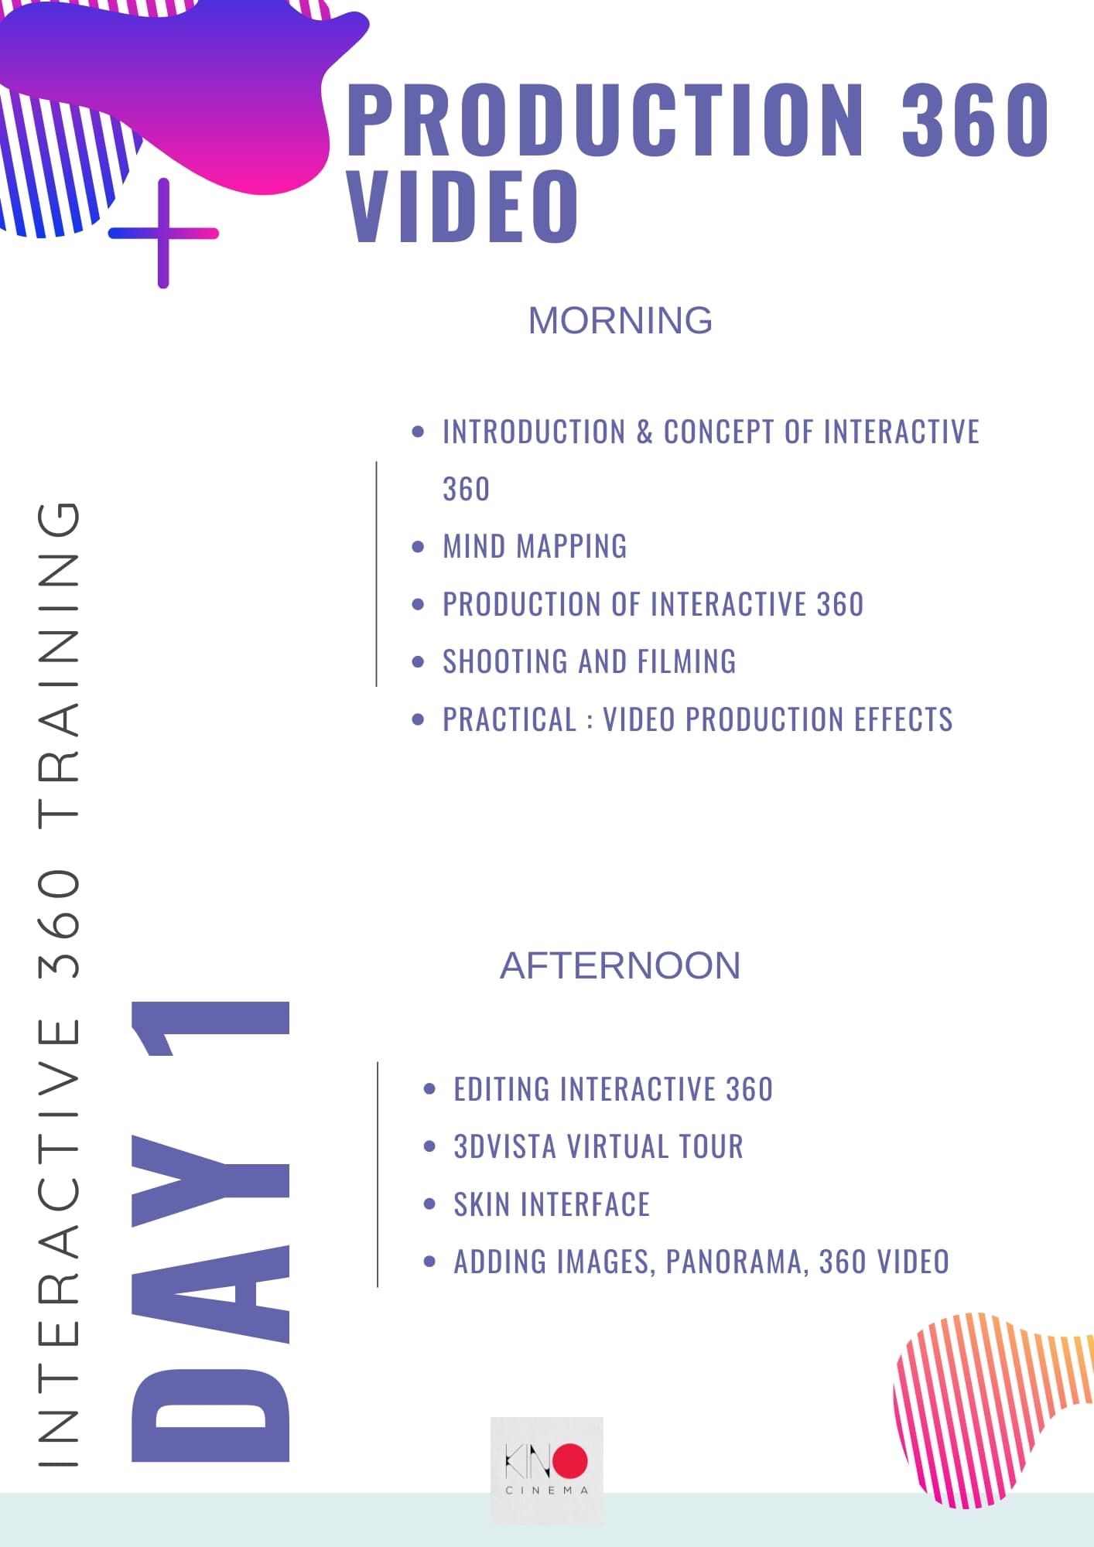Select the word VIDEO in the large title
coord(463,206)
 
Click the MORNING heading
coord(620,320)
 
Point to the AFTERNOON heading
coord(620,965)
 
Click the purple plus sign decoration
coord(163,233)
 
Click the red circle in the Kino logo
coord(569,1460)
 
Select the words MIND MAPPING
coord(535,547)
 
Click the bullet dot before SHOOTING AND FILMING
coord(419,662)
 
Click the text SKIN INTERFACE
coord(552,1204)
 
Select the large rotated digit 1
coord(210,1028)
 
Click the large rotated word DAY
coord(210,1298)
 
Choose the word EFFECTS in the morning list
coord(904,719)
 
